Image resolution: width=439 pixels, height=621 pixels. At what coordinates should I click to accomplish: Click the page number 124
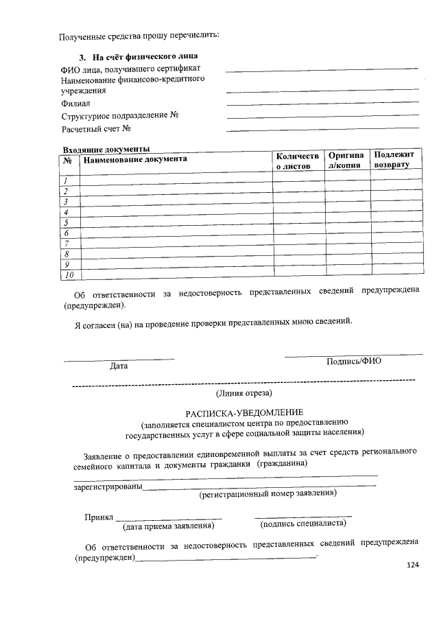point(412,565)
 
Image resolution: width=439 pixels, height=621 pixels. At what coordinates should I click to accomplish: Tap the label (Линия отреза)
point(244,393)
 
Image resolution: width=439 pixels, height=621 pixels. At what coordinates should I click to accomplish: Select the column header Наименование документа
point(134,159)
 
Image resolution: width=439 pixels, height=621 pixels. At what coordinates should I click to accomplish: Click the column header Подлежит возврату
point(394,161)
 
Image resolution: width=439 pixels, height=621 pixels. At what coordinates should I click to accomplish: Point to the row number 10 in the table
point(68,275)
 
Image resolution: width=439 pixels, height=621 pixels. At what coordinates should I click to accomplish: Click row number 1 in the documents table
point(66,181)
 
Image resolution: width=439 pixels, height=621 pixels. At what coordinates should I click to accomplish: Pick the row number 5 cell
point(67,223)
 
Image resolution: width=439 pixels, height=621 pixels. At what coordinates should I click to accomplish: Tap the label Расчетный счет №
point(96,128)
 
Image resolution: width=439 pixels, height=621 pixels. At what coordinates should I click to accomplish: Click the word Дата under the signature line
point(119,366)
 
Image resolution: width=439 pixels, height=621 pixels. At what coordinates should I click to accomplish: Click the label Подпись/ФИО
point(354,362)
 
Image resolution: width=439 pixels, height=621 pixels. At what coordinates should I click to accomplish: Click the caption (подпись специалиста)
point(303,524)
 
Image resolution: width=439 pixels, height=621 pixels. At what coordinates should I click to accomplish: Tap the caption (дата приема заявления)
point(168,527)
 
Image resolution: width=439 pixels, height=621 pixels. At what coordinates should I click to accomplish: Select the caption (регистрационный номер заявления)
point(267,493)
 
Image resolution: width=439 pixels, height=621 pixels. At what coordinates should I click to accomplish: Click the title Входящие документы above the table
point(106,150)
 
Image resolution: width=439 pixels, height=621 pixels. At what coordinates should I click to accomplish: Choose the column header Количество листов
point(297,161)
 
